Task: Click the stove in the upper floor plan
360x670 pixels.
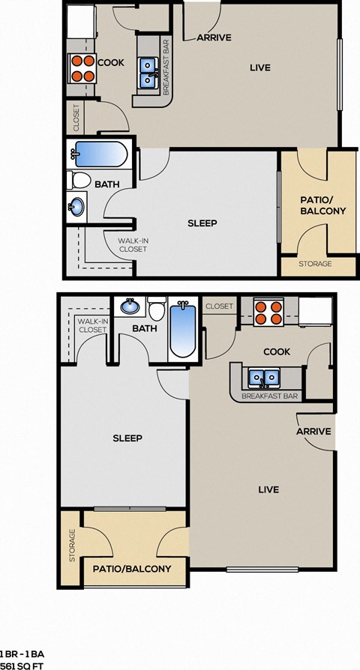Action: [x=82, y=68]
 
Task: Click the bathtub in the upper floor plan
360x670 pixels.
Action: [x=100, y=156]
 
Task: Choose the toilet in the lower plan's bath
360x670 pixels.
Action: [x=156, y=310]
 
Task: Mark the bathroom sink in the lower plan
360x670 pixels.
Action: [x=130, y=307]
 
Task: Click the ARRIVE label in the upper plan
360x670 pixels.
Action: [x=214, y=37]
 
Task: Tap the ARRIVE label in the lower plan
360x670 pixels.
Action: [x=313, y=432]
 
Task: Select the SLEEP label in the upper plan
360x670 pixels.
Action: [x=202, y=223]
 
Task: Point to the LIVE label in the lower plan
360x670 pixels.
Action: [x=268, y=489]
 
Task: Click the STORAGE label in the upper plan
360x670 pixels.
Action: [x=316, y=264]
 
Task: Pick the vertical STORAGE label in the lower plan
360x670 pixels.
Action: [x=72, y=546]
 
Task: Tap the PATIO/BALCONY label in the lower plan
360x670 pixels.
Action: [x=132, y=569]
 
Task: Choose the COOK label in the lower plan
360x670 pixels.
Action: [x=277, y=351]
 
